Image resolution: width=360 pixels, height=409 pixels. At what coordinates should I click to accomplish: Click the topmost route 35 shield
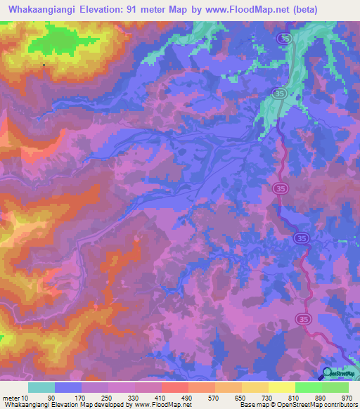(283, 40)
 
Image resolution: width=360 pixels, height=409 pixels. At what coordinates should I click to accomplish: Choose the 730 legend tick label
(268, 397)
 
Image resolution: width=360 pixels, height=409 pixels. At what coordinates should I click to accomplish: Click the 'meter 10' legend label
(15, 397)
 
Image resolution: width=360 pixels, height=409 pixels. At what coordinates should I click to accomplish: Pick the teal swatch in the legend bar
(41, 387)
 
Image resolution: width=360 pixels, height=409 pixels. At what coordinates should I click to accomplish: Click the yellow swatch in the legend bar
(281, 387)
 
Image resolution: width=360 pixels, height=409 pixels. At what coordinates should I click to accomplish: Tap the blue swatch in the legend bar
(67, 387)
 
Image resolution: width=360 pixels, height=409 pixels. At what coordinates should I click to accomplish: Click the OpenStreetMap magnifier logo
(328, 374)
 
